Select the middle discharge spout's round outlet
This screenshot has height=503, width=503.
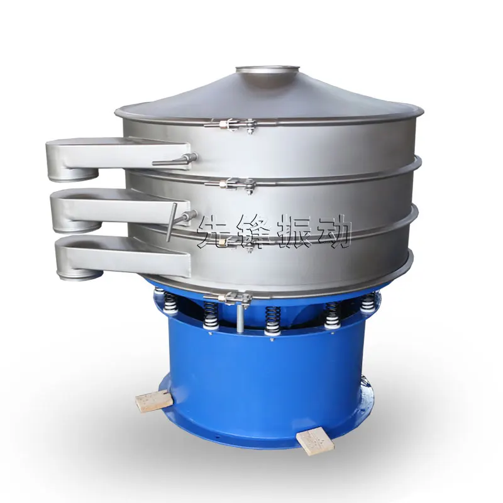point(77,226)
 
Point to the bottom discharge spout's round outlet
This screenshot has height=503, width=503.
point(80,275)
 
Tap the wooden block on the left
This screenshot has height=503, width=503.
point(152,401)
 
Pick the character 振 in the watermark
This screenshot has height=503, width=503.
point(294,230)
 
